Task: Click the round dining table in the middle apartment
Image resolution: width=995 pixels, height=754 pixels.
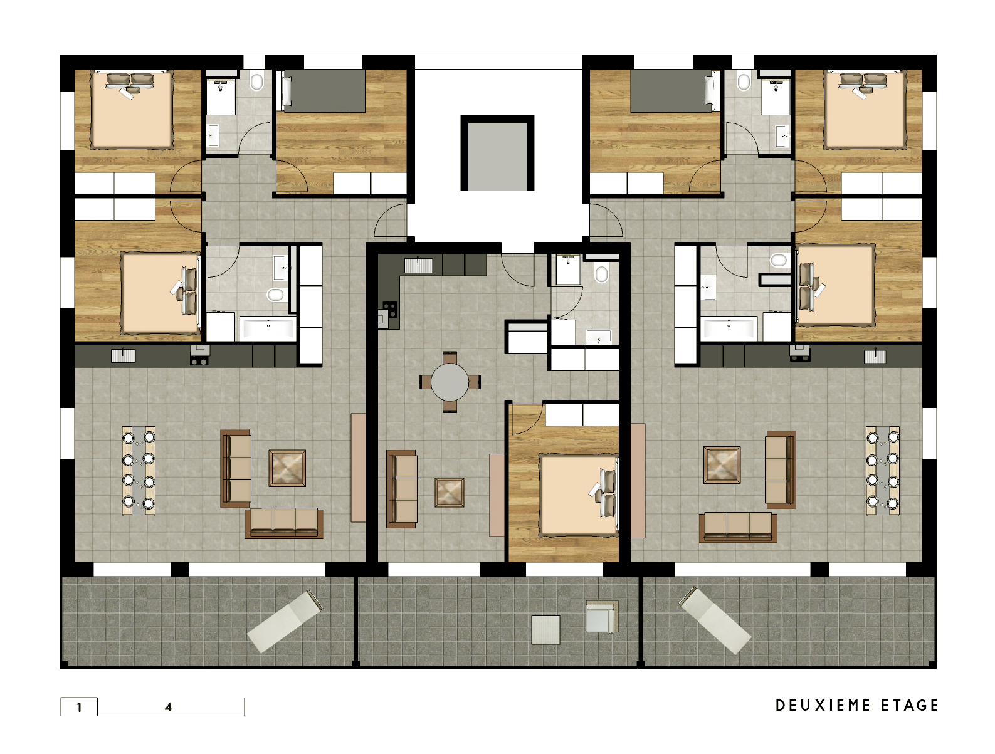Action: (x=449, y=382)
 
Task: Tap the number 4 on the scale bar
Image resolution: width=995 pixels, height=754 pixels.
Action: (x=168, y=707)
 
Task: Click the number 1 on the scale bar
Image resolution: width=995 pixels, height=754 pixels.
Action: (x=80, y=708)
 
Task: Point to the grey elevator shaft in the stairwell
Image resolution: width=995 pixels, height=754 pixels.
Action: (x=497, y=153)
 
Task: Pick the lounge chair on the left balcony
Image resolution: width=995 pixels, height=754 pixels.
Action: (x=284, y=621)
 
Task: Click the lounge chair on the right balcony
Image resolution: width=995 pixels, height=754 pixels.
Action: (x=714, y=620)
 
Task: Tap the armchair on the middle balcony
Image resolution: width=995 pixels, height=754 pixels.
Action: (x=601, y=616)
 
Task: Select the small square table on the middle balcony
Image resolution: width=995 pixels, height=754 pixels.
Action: (x=546, y=629)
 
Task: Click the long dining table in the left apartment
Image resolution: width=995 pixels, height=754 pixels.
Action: (x=139, y=470)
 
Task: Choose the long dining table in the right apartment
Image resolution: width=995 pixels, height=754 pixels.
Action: (x=883, y=470)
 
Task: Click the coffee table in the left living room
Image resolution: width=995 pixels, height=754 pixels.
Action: (x=287, y=468)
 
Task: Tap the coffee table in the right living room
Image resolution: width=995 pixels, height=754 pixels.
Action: (x=722, y=465)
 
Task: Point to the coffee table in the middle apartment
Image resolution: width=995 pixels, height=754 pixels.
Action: (x=449, y=493)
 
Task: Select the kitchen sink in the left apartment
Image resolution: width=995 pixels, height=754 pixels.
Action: (x=124, y=356)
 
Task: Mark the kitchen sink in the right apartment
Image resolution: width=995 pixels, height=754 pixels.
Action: (x=875, y=357)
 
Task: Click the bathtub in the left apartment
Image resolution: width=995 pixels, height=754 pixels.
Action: (x=268, y=328)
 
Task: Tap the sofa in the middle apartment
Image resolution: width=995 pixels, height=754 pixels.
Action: (x=402, y=488)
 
